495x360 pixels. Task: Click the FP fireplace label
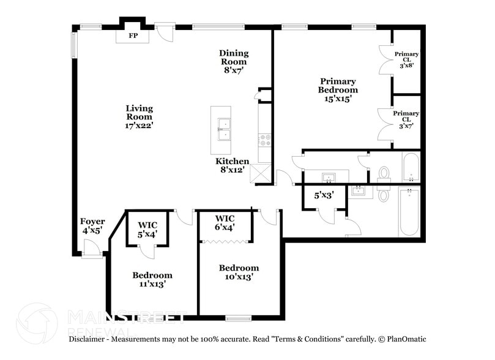tap(133, 36)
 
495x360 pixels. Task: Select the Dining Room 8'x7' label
tap(234, 61)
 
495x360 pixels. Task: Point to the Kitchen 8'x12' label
tap(234, 165)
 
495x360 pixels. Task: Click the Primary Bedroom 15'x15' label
tap(337, 89)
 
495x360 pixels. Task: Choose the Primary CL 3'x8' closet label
tap(406, 59)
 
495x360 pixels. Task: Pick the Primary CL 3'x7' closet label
tap(406, 119)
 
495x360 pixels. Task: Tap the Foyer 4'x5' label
tap(92, 225)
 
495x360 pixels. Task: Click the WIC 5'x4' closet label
tap(147, 228)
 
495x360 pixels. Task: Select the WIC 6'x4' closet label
tap(225, 223)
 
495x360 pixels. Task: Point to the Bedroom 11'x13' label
tap(152, 279)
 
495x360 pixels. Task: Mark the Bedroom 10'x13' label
tap(239, 272)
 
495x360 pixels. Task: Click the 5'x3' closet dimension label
tap(324, 195)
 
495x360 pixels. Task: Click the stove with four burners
tap(265, 141)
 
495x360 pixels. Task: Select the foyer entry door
tap(92, 250)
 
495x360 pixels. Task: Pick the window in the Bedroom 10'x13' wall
tap(238, 318)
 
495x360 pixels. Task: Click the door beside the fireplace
tap(165, 30)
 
